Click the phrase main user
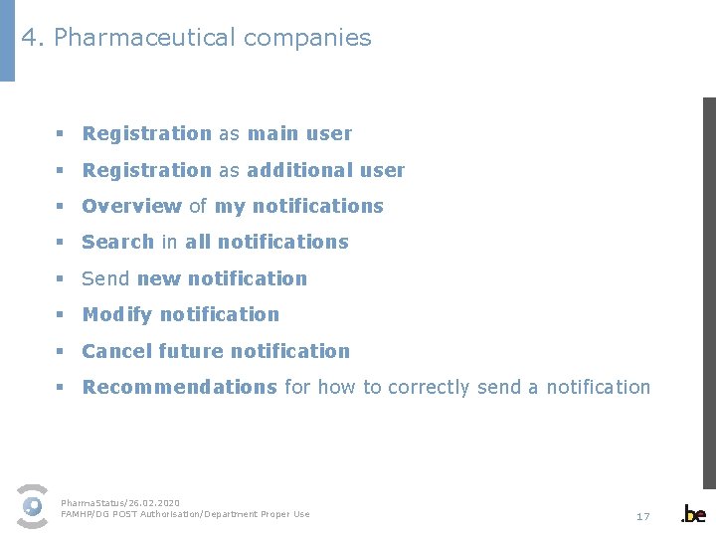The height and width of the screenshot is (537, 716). pos(299,133)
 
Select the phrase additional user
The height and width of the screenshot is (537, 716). pos(325,170)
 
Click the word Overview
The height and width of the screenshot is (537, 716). pos(131,206)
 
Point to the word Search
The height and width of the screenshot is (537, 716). pos(117,242)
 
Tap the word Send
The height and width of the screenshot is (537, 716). pos(105,278)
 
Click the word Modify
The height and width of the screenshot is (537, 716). pos(116,314)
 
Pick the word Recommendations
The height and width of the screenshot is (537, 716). pos(179,387)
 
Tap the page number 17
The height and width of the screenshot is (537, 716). pos(642,516)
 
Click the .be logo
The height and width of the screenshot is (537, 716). pos(693,514)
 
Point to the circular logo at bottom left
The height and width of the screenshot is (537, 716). pos(33,506)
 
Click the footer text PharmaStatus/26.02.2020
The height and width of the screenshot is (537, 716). pos(120,503)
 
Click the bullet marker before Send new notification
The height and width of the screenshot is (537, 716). pos(60,279)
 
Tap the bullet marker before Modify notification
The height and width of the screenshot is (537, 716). pos(60,315)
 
